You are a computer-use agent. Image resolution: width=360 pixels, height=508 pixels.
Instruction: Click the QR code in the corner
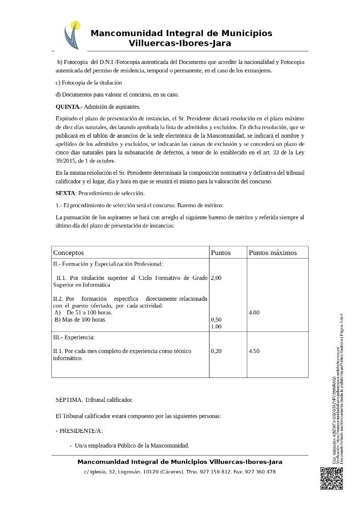331,478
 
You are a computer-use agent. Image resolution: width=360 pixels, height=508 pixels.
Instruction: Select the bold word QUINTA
68,107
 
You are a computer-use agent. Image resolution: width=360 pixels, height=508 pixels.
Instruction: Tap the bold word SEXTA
65,193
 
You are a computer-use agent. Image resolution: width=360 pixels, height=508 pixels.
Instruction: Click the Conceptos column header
69,252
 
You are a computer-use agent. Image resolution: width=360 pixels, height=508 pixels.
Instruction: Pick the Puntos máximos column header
272,252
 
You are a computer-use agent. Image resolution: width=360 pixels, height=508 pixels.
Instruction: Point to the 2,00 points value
216,278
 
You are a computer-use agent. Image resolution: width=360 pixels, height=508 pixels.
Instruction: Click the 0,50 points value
216,320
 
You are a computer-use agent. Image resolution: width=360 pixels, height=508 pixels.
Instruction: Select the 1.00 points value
216,327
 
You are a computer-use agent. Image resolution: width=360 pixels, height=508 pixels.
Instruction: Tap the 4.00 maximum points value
254,312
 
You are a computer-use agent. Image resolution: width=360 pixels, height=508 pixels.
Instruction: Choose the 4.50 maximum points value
254,351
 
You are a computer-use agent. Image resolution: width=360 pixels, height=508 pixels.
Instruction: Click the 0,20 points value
216,351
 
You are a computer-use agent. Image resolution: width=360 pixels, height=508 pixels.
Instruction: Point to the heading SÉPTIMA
69,400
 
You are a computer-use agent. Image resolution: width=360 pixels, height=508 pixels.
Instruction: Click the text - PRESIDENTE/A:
79,431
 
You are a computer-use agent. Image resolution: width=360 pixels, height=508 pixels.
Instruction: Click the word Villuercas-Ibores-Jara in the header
180,44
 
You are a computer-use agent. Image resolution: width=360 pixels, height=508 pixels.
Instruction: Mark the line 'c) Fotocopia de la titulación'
88,82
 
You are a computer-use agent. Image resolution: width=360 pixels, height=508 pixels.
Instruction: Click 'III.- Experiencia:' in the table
74,337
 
